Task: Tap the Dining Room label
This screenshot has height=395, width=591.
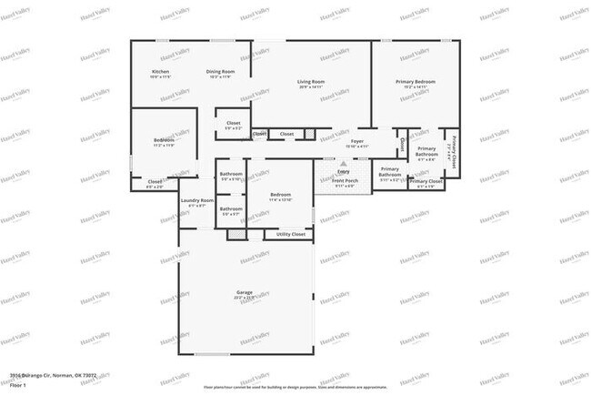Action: (220, 71)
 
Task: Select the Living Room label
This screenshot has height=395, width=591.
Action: (311, 83)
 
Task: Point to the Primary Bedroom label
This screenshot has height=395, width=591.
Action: (416, 82)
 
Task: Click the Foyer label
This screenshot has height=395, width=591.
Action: (357, 141)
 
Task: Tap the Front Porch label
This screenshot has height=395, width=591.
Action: (345, 180)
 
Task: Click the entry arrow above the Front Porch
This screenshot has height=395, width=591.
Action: (344, 164)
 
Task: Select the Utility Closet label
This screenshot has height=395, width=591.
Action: (290, 234)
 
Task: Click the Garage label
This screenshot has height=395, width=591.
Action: (245, 291)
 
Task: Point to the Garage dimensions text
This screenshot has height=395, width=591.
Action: (245, 298)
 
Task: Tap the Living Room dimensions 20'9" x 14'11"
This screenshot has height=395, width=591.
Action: (311, 88)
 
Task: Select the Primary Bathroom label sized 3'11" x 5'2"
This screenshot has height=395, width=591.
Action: (390, 172)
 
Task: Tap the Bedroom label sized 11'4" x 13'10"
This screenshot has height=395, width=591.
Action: (280, 195)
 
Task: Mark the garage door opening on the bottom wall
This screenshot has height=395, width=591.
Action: (245, 354)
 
